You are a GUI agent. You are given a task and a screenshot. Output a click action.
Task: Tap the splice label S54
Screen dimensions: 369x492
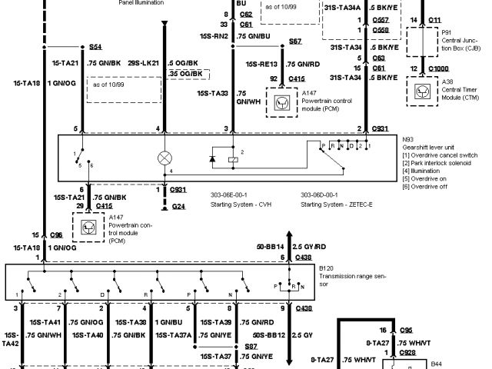(x=95, y=46)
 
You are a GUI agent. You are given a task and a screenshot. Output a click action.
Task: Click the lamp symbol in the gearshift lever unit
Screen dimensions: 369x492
(x=163, y=157)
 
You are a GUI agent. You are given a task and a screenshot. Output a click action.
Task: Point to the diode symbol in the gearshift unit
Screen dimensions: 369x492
(x=213, y=159)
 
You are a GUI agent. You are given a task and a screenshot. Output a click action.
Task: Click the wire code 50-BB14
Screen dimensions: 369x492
(x=269, y=247)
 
